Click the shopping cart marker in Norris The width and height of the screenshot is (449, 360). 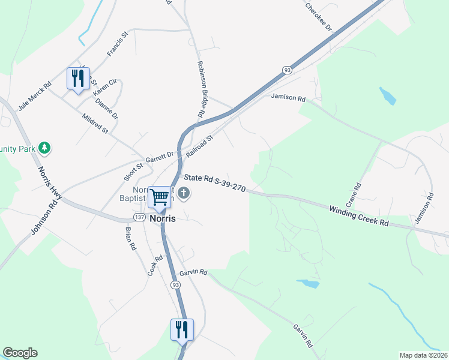click(159, 197)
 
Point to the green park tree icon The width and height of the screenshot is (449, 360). click(44, 147)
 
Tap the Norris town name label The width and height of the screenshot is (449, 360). click(162, 218)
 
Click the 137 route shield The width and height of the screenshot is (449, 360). click(139, 217)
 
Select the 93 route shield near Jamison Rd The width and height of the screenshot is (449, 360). click(288, 70)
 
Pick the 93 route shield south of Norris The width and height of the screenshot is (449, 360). click(175, 284)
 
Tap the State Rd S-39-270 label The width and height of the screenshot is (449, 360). click(214, 181)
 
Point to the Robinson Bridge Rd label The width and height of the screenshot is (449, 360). click(202, 89)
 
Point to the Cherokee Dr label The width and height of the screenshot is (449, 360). click(319, 17)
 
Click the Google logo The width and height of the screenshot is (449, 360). click(20, 353)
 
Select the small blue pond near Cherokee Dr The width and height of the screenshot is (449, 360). click(388, 95)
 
